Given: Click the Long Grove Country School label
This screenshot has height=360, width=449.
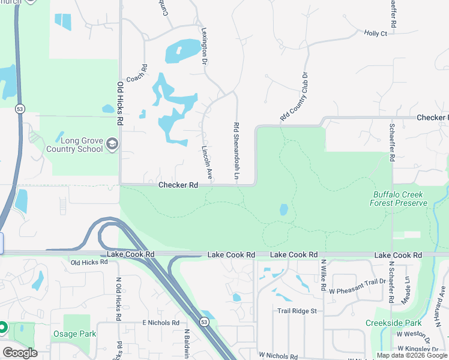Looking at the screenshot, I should pyautogui.click(x=74, y=144).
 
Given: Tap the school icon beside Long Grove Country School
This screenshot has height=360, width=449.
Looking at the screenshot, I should pyautogui.click(x=112, y=144).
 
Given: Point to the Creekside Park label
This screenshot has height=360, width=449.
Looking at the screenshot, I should pyautogui.click(x=394, y=323).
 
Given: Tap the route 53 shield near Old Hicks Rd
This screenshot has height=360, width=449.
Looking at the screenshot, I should pyautogui.click(x=19, y=109).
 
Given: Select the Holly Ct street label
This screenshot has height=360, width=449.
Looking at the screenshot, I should pyautogui.click(x=375, y=34).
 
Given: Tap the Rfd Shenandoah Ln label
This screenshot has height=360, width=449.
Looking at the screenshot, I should pyautogui.click(x=237, y=152).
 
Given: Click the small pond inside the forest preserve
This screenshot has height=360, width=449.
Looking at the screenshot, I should pyautogui.click(x=283, y=210).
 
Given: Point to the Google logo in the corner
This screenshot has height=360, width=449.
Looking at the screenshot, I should pyautogui.click(x=20, y=353).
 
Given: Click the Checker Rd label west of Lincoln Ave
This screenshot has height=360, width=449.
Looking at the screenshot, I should pyautogui.click(x=178, y=185).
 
